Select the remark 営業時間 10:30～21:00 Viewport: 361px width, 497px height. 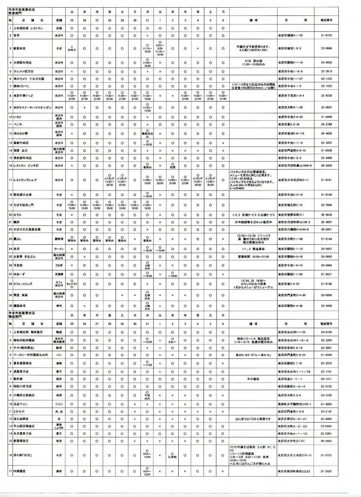[252, 256]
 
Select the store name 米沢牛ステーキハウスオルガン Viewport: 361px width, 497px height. [33, 107]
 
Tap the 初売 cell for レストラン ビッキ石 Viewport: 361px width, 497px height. [172, 167]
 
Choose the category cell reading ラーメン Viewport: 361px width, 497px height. [59, 248]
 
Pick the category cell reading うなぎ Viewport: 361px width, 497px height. [59, 265]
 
